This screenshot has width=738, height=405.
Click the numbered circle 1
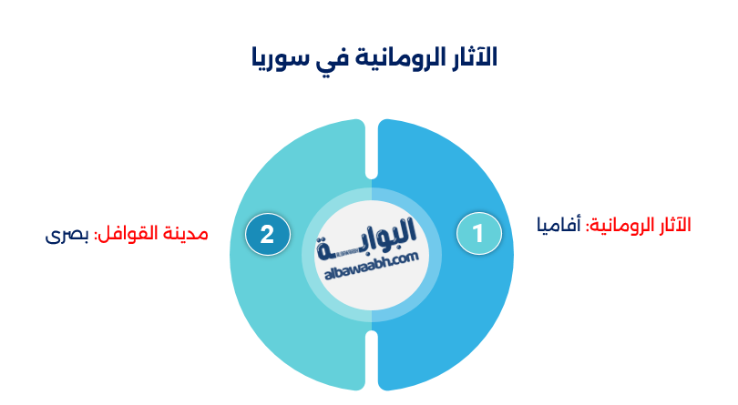click(x=478, y=234)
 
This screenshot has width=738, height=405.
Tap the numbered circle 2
click(x=267, y=234)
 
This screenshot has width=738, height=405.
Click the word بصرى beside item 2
click(x=67, y=234)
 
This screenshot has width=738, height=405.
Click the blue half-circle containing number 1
click(x=456, y=300)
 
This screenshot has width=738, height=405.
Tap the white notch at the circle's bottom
click(x=372, y=359)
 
